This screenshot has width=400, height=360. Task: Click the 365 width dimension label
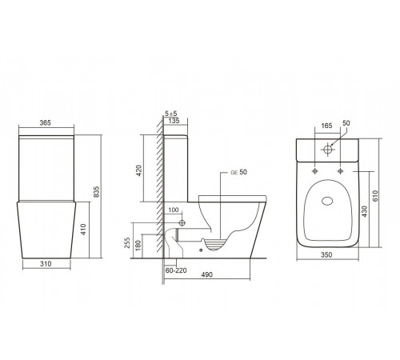[45, 123]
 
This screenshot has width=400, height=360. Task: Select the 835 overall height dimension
[97, 192]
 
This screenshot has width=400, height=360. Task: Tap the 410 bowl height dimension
[83, 230]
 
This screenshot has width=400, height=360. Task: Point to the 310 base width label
[46, 264]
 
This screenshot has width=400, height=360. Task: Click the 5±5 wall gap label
[171, 114]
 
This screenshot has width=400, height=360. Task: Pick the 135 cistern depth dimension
[174, 121]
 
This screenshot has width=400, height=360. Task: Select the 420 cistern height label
[139, 170]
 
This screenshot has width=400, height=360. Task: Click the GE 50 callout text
[239, 172]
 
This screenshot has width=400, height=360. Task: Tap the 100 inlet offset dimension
[174, 210]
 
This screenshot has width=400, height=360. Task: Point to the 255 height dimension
[127, 242]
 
